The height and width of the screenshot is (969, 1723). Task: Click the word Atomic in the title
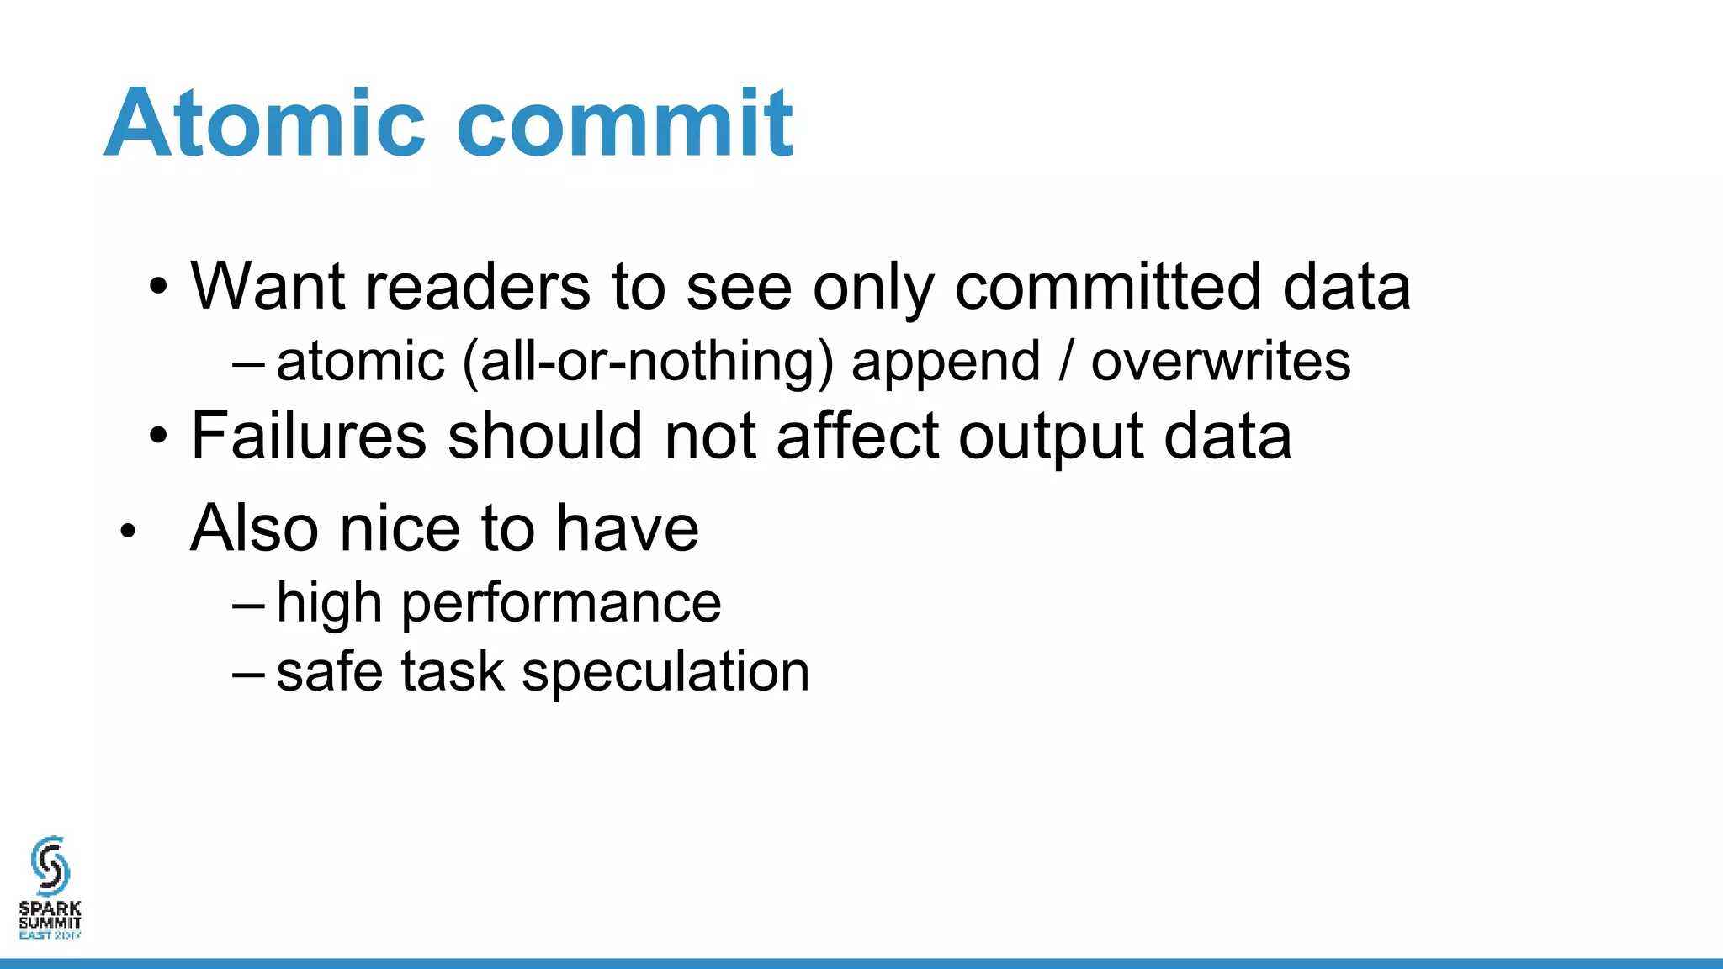pyautogui.click(x=265, y=124)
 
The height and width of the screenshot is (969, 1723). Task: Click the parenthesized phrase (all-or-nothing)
pyautogui.click(x=648, y=362)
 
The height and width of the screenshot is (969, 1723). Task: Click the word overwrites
pyautogui.click(x=1221, y=362)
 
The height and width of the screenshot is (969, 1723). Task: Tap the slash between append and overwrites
pyautogui.click(x=1066, y=362)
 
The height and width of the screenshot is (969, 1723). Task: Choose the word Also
pyautogui.click(x=255, y=528)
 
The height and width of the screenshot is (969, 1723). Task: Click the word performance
pyautogui.click(x=561, y=604)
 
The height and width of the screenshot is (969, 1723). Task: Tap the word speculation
pyautogui.click(x=665, y=673)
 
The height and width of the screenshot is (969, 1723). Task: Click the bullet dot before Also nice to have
pyautogui.click(x=128, y=531)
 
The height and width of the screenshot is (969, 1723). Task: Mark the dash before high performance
pyautogui.click(x=248, y=604)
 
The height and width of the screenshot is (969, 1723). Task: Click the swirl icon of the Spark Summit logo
pyautogui.click(x=50, y=865)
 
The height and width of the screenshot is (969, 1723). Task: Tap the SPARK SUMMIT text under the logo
pyautogui.click(x=50, y=915)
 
